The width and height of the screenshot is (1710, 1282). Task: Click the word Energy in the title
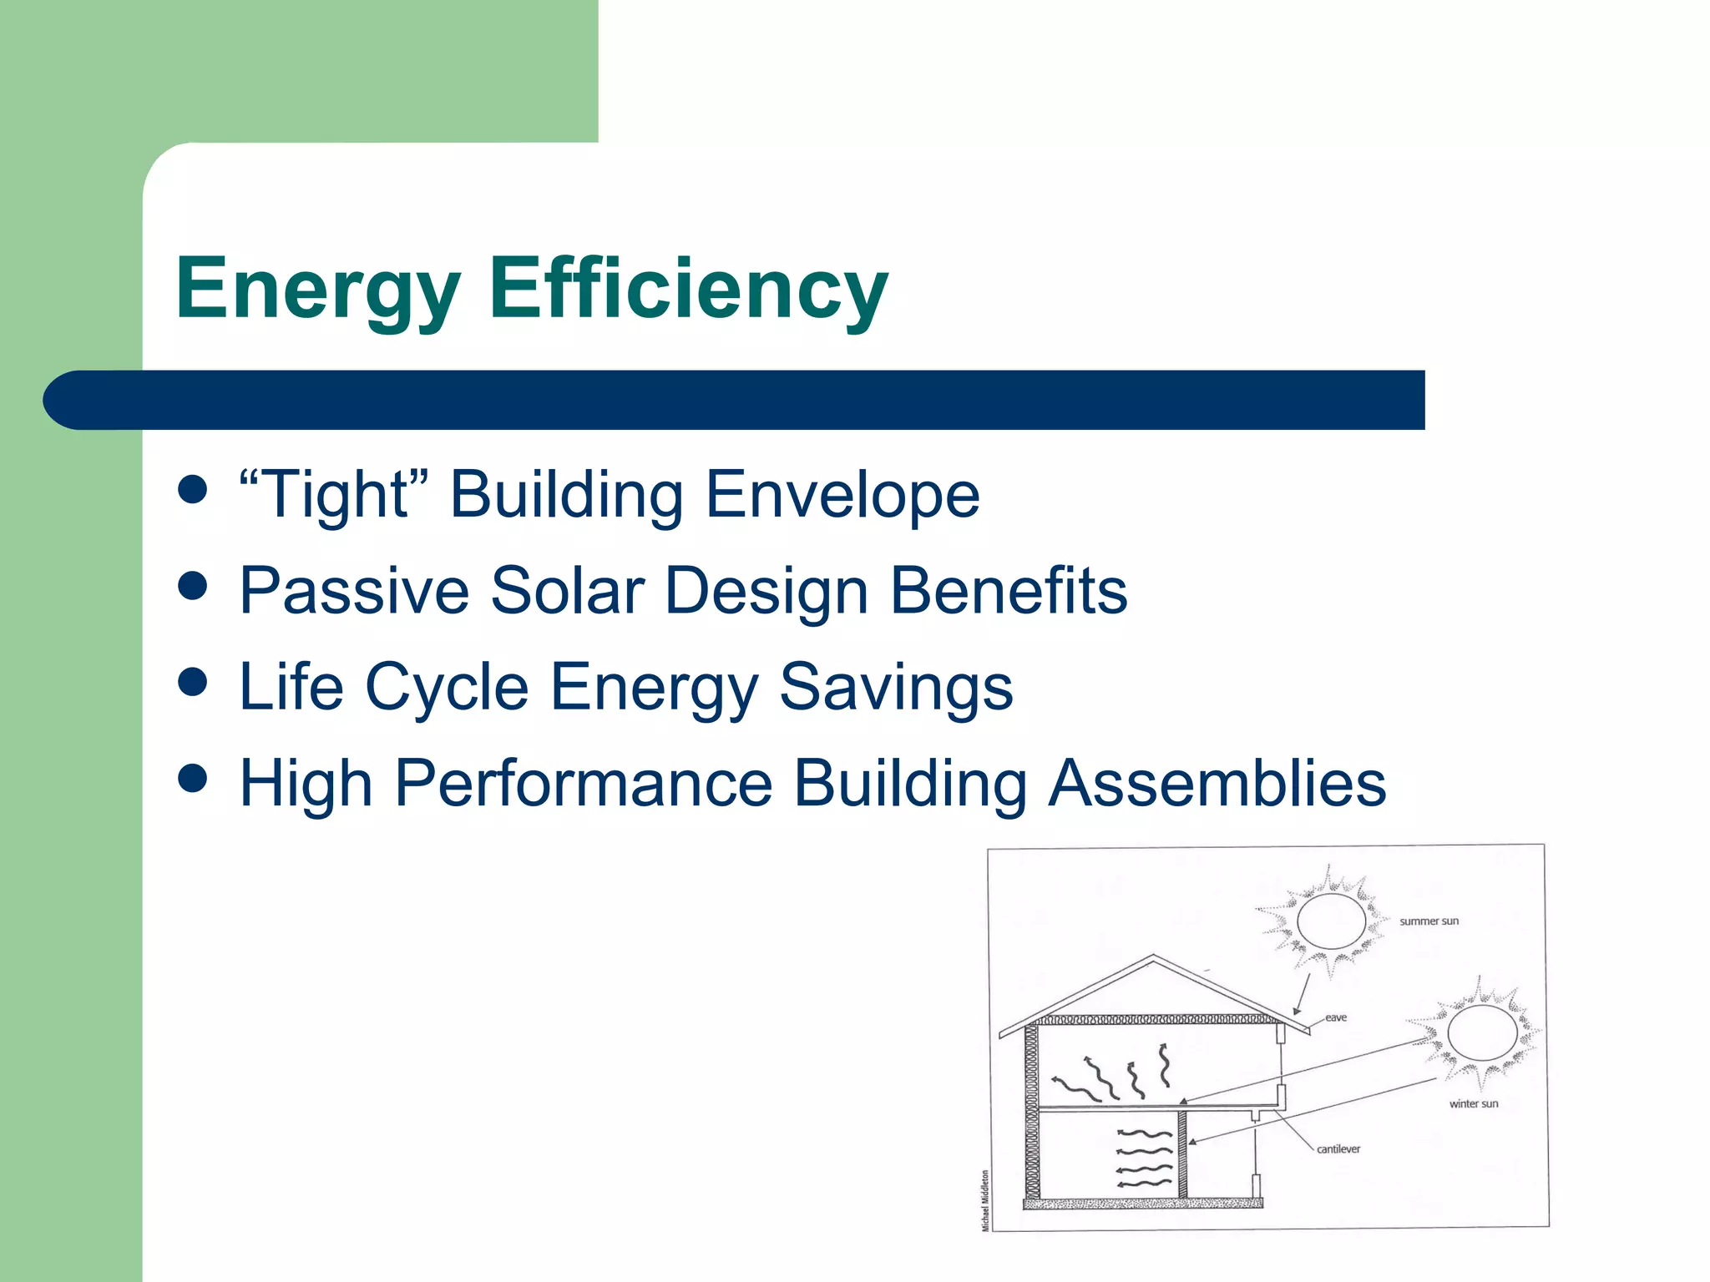[x=317, y=290]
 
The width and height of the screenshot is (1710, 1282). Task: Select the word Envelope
[x=842, y=496]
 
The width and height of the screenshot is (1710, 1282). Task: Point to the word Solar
[x=568, y=591]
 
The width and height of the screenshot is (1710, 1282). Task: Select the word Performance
[x=584, y=785]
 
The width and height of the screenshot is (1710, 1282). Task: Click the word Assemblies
[x=1217, y=785]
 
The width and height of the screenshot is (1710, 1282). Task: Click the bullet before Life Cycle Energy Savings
[x=193, y=682]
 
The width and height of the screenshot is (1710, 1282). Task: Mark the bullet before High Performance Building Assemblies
[x=193, y=779]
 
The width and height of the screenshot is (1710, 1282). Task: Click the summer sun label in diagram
[x=1429, y=921]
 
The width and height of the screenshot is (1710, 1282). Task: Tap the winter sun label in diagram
[x=1473, y=1103]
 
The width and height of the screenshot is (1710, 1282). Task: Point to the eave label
[x=1336, y=1017]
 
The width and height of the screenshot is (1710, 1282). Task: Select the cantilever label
[x=1338, y=1149]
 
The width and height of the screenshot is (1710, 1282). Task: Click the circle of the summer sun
[x=1331, y=921]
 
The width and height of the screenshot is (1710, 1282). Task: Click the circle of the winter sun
[x=1482, y=1033]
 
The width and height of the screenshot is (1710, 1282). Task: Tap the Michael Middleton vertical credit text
[x=985, y=1200]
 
